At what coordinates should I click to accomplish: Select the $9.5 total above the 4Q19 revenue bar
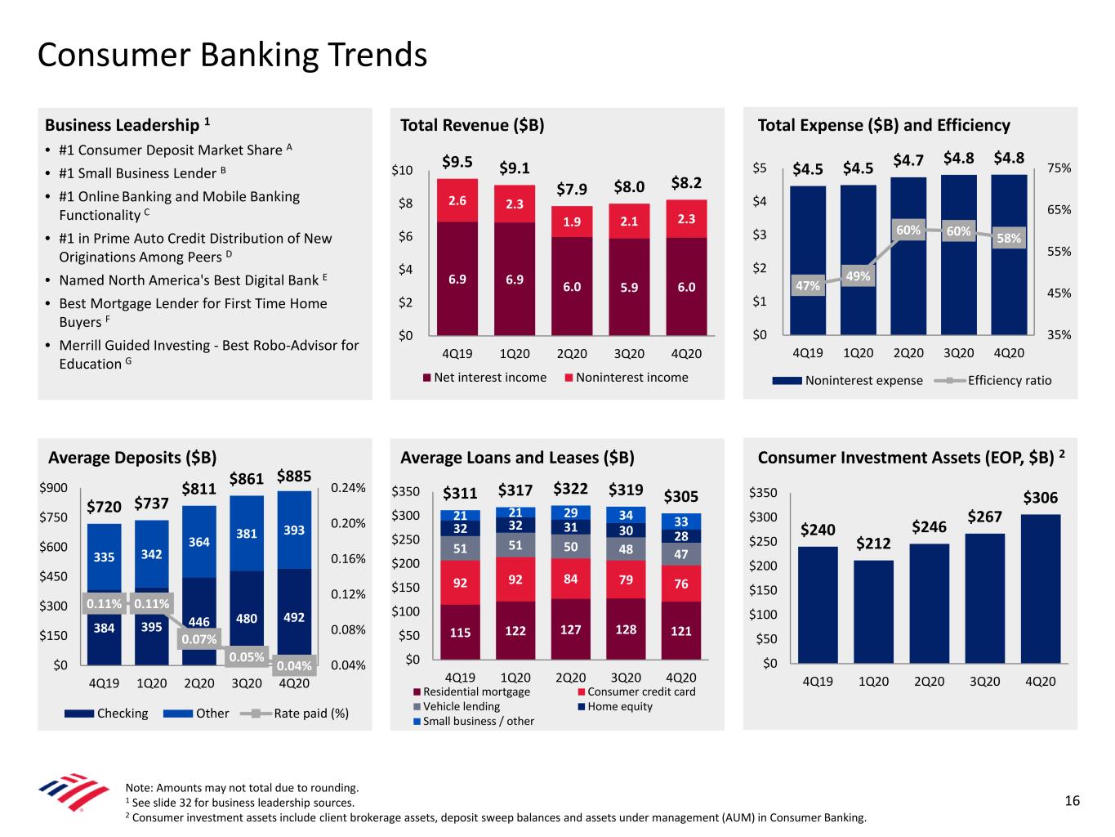pos(457,162)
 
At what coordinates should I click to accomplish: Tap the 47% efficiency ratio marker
pos(807,285)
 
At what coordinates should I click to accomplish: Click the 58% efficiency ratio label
pos(1008,238)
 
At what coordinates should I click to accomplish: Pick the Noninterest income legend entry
pos(625,378)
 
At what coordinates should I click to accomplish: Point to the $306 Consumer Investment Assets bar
pos(1040,588)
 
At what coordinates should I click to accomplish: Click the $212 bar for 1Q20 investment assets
pos(873,611)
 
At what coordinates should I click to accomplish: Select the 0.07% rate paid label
pos(198,638)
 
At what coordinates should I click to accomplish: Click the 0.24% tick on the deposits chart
pos(347,488)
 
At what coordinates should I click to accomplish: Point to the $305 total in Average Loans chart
pos(680,496)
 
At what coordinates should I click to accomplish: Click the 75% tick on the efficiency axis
pos(1059,168)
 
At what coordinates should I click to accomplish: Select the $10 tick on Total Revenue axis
pos(402,170)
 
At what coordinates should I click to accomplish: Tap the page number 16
pos(1072,800)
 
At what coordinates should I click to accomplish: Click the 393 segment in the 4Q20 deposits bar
pos(293,530)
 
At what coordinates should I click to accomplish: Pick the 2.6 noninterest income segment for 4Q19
pos(457,200)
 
